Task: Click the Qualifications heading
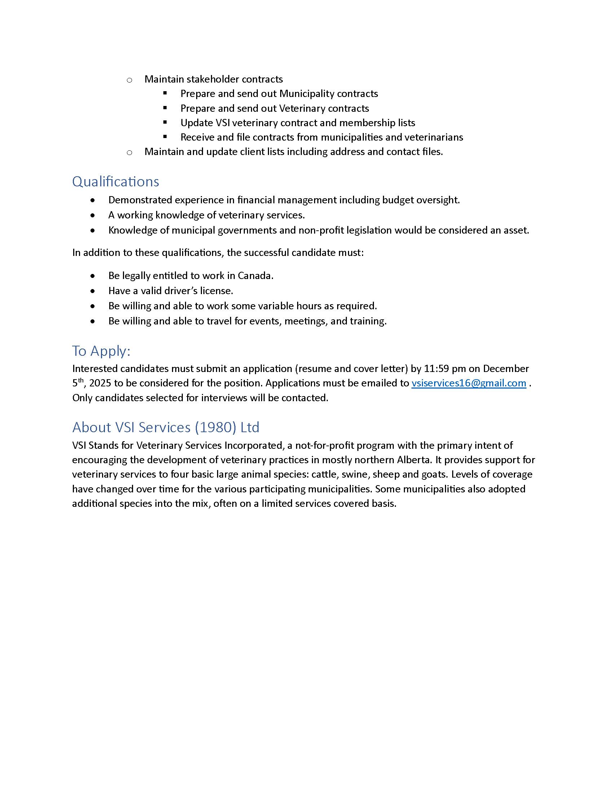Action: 115,182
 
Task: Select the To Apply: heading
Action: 101,351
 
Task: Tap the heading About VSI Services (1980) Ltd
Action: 166,427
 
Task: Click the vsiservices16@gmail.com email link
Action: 468,383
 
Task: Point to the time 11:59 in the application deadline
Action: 436,368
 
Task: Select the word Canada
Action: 255,276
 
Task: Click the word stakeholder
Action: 213,79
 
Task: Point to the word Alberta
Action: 414,460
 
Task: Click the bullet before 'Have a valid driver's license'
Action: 93,291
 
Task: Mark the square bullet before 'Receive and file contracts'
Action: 165,137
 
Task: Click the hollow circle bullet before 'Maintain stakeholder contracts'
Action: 129,80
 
